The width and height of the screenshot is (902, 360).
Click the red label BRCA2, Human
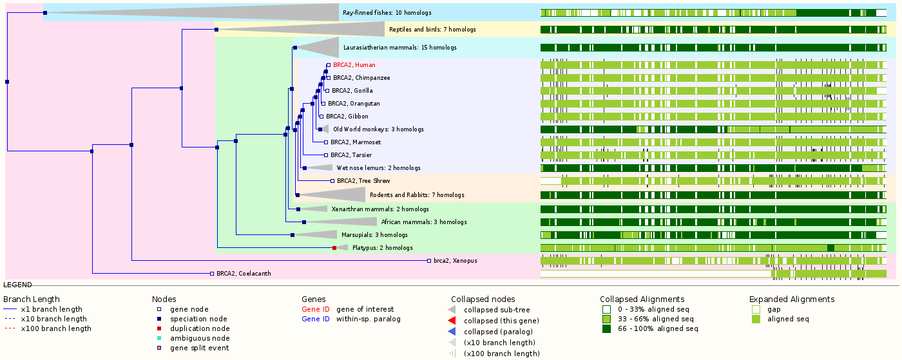click(354, 65)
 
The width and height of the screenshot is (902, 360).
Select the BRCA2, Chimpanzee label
click(361, 78)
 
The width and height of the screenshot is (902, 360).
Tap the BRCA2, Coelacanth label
click(244, 274)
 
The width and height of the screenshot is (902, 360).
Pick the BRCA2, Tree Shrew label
click(363, 181)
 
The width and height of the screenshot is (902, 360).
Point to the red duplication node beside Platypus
click(334, 248)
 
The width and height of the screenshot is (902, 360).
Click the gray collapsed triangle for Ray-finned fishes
click(258, 12)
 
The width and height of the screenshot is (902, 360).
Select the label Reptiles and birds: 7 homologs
click(432, 30)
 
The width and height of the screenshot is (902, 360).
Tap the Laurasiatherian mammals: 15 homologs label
click(399, 48)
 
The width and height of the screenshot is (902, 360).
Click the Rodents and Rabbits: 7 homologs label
click(417, 195)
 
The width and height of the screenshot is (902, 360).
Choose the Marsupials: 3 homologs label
click(374, 235)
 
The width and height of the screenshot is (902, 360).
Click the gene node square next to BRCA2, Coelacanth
click(212, 274)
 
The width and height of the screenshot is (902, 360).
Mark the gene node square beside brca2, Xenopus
click(428, 261)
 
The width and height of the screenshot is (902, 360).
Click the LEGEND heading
click(17, 285)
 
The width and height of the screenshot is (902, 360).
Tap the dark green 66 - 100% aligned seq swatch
click(606, 328)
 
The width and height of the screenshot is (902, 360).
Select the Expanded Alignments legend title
click(792, 299)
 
